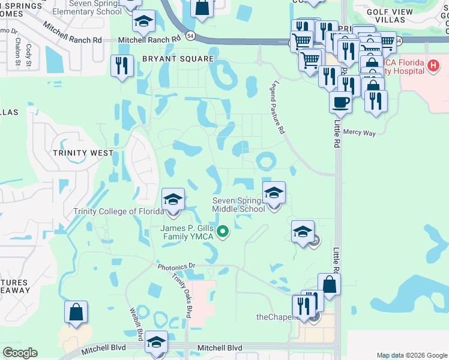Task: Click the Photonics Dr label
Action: (176, 266)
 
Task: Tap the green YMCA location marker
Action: (223, 231)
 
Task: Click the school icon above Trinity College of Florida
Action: (173, 199)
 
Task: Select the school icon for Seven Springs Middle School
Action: (274, 193)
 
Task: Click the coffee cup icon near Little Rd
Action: (340, 101)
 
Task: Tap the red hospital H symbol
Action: (432, 65)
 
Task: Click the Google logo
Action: (20, 353)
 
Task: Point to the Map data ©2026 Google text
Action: (411, 355)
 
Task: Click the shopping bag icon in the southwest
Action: (76, 312)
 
